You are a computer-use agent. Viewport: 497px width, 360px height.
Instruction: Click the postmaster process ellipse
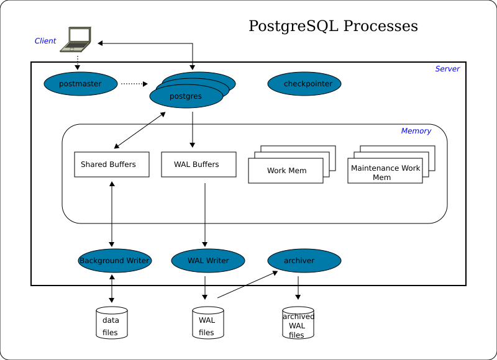pos(81,84)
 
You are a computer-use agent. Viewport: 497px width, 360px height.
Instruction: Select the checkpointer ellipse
pos(304,84)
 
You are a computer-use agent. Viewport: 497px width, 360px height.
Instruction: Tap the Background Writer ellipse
pos(115,261)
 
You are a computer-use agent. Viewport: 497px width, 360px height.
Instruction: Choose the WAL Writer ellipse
pos(208,261)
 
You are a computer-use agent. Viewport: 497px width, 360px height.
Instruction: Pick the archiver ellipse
pos(304,261)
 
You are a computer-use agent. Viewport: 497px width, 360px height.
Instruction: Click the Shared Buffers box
pos(112,164)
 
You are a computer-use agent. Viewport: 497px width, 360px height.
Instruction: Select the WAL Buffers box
pos(199,164)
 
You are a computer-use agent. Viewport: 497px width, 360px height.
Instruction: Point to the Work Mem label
pos(286,171)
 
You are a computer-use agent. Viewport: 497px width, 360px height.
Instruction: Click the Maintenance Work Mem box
pos(385,172)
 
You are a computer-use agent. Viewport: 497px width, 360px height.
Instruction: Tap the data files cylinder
pos(112,323)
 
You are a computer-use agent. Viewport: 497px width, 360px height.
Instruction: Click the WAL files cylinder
pos(207,323)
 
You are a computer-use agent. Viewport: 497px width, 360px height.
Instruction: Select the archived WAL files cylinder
pos(298,323)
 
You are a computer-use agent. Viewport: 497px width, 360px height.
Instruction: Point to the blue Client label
pos(45,41)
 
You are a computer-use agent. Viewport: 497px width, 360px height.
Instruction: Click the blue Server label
pos(447,69)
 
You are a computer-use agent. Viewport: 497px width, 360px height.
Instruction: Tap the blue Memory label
pos(416,131)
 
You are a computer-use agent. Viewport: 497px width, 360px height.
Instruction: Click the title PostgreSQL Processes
pos(333,26)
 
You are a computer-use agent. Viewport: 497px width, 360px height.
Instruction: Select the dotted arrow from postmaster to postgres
pos(134,84)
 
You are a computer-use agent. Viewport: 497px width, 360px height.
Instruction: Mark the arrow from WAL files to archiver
pos(247,285)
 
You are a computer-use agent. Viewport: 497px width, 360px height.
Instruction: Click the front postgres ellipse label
pos(186,96)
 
